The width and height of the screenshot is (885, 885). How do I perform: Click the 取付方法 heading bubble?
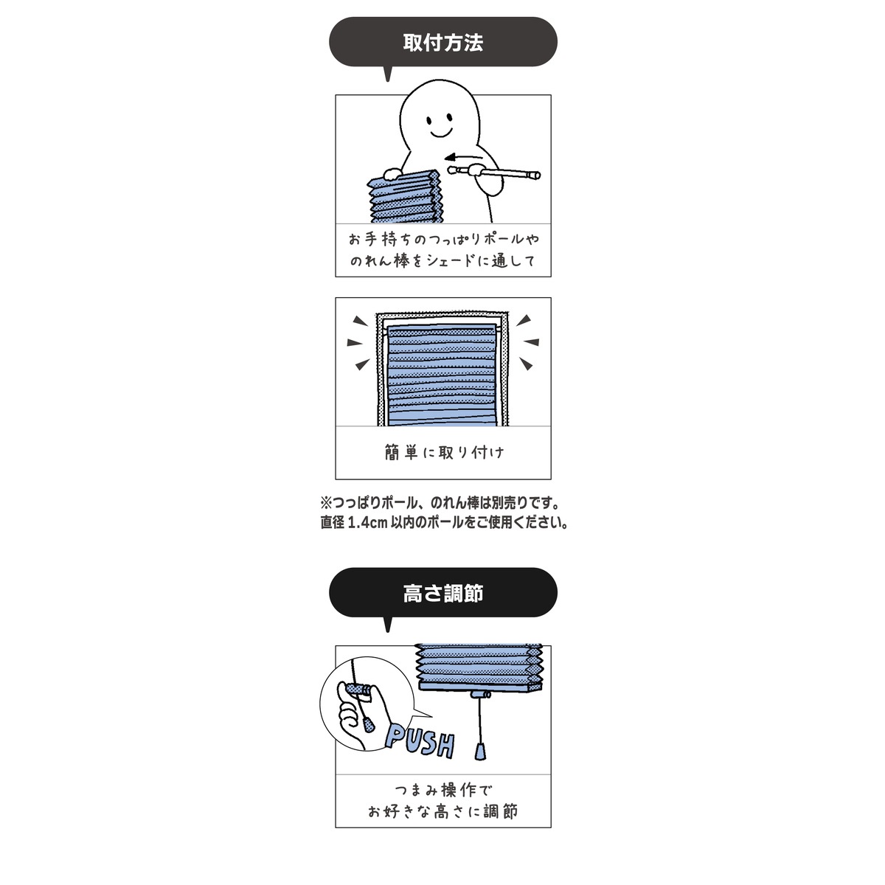(442, 43)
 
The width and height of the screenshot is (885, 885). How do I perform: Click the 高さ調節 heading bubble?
(442, 593)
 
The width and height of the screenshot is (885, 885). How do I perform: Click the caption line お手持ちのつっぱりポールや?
(443, 239)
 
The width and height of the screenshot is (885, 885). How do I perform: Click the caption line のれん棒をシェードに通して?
(442, 260)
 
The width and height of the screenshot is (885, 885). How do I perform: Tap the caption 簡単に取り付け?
(443, 452)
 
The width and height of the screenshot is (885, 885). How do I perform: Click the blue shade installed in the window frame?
(442, 376)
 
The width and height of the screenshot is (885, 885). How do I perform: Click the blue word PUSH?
(420, 740)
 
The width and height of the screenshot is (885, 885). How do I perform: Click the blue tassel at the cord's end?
(480, 750)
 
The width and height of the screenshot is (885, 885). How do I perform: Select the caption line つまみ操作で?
(443, 791)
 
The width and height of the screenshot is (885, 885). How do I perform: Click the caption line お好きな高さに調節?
(443, 812)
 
